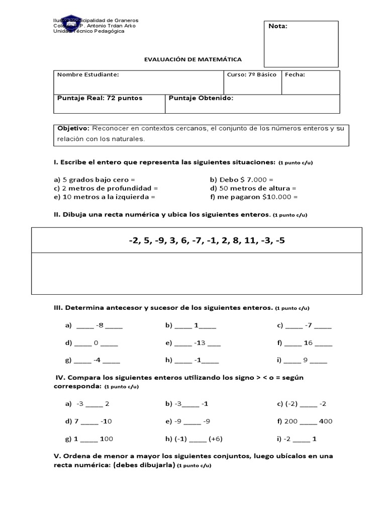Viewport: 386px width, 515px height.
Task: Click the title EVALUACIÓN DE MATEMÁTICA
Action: click(192, 59)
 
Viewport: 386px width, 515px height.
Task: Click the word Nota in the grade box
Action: click(278, 26)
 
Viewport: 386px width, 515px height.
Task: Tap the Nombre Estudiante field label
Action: click(88, 74)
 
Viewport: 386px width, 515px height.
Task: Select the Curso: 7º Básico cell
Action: click(251, 74)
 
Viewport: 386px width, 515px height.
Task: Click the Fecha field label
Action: click(295, 74)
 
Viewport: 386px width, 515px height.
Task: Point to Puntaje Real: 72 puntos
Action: click(100, 98)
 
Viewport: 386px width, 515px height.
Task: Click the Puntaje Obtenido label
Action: click(201, 98)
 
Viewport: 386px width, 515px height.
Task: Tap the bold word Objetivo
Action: click(73, 129)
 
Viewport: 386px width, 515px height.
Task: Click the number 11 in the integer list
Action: click(250, 240)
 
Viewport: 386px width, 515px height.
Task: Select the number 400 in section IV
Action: click(325, 421)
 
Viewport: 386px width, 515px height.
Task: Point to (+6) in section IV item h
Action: click(216, 439)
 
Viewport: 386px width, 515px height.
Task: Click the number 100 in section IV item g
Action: click(107, 439)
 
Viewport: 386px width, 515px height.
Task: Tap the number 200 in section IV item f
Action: click(291, 421)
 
